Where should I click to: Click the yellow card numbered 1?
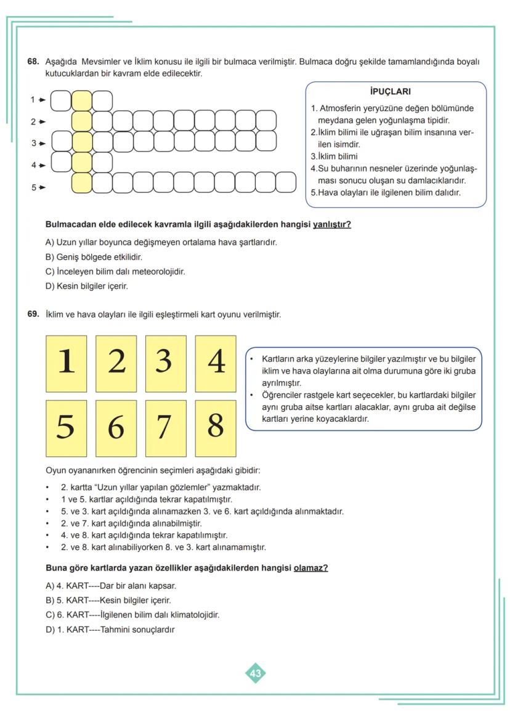[67, 364]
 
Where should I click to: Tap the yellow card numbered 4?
[216, 364]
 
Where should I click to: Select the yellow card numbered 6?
[116, 427]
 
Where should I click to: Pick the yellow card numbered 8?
[216, 427]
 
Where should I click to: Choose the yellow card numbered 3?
[166, 364]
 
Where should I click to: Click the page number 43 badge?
[255, 673]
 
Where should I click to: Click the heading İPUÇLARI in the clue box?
[390, 92]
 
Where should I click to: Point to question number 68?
[33, 62]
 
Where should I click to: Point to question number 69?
[33, 315]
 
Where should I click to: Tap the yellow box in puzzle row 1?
[82, 100]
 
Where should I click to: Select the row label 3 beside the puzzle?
[34, 143]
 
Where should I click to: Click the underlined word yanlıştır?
[332, 224]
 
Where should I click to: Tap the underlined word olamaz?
[310, 568]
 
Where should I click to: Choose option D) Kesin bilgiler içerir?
[87, 286]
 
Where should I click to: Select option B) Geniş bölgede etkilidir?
[89, 257]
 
